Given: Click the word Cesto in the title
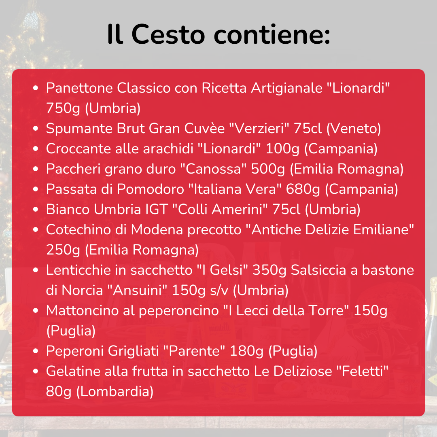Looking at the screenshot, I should click(168, 34).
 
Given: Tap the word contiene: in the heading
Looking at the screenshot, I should click(272, 34).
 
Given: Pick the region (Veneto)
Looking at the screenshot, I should click(353, 128).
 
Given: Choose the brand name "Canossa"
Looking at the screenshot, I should click(216, 169).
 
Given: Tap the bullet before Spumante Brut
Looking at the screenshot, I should click(36, 128).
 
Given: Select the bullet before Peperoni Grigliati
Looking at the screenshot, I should click(36, 351).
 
